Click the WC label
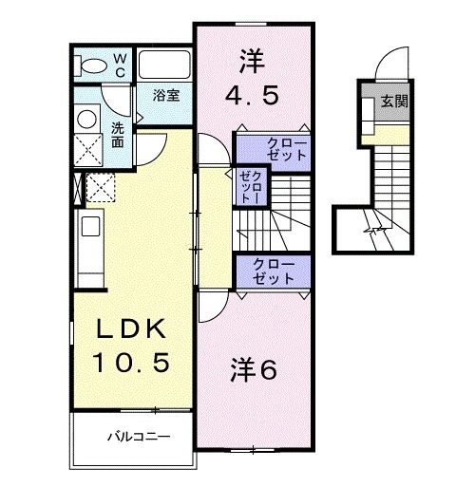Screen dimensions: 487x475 coord(121,64)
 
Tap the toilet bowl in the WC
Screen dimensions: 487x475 coord(93,66)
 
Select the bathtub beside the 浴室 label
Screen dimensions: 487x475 coord(166,66)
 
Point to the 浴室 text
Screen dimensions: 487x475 coord(165,94)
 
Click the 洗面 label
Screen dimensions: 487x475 coord(118,135)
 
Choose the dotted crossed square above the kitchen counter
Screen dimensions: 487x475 coord(101,185)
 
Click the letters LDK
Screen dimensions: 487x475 coord(131,329)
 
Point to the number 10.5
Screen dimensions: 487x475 coord(131,362)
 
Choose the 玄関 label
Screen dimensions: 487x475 coord(394,101)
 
